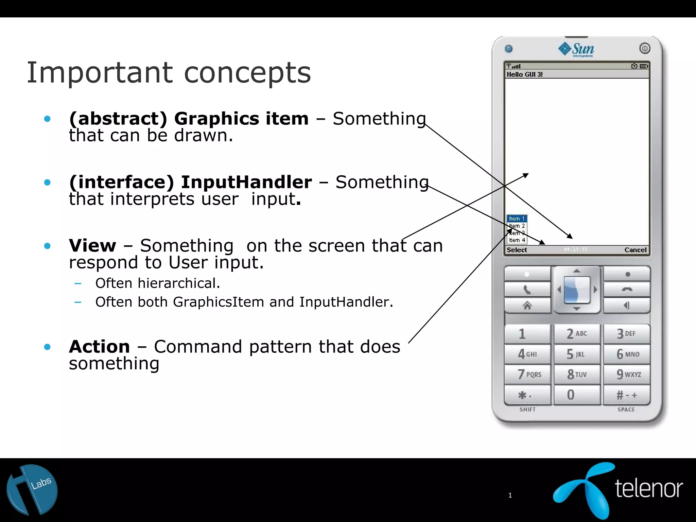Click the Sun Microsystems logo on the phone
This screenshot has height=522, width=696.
pos(576,50)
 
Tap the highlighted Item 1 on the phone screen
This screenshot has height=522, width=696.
pos(517,219)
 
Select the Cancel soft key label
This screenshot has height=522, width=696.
pos(635,250)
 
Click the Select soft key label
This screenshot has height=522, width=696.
pos(517,250)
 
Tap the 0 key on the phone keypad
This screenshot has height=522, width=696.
pos(576,395)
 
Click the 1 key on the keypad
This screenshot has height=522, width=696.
pos(527,334)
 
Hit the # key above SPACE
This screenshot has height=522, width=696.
pos(627,395)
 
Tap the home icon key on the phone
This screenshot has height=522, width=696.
pos(527,306)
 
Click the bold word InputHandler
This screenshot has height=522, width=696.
pos(246,182)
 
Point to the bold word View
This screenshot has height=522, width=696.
pos(92,245)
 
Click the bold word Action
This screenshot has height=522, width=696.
pos(99,347)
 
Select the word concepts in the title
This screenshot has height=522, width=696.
pos(247,73)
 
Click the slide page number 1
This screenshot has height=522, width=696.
pos(510,495)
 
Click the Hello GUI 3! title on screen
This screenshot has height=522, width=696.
pos(524,74)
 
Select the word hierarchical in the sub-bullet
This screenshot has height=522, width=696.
pos(179,283)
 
